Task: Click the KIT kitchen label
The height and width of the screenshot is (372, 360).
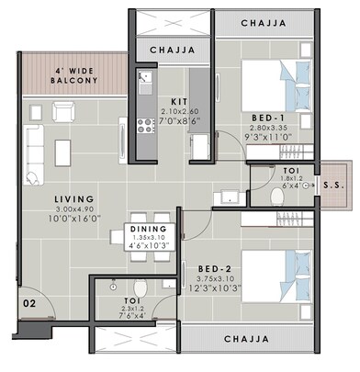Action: pyautogui.click(x=180, y=102)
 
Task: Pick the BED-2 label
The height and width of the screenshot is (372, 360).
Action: pyautogui.click(x=214, y=268)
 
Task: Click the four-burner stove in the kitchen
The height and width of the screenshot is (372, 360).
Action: pyautogui.click(x=144, y=121)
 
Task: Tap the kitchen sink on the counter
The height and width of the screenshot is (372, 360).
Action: pyautogui.click(x=144, y=85)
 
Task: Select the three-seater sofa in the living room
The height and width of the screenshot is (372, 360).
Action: pyautogui.click(x=32, y=152)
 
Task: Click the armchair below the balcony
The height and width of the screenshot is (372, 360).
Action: pyautogui.click(x=63, y=112)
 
